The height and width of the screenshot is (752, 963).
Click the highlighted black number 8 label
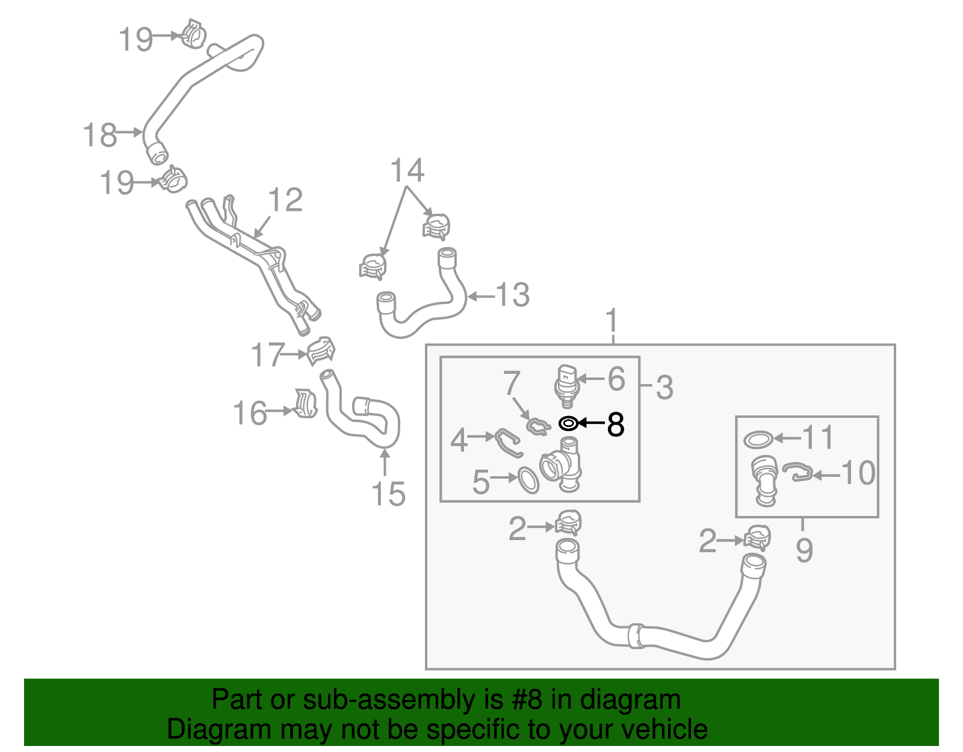(x=616, y=424)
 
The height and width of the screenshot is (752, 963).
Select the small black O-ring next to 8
(x=568, y=424)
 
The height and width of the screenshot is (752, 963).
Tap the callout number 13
(x=512, y=296)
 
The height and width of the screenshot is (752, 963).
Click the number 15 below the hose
(x=388, y=495)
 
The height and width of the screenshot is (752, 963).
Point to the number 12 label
(x=285, y=200)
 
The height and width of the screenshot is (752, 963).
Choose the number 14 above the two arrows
(x=407, y=171)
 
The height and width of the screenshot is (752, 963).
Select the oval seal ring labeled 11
(x=758, y=440)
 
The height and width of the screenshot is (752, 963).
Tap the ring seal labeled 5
(x=528, y=480)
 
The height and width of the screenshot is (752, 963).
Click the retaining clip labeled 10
(x=798, y=472)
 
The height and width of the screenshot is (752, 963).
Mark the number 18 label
(x=99, y=135)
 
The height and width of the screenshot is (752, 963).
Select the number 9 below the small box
(x=804, y=550)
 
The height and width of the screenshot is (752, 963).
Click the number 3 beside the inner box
(x=664, y=388)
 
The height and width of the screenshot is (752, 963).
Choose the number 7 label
(x=512, y=383)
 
